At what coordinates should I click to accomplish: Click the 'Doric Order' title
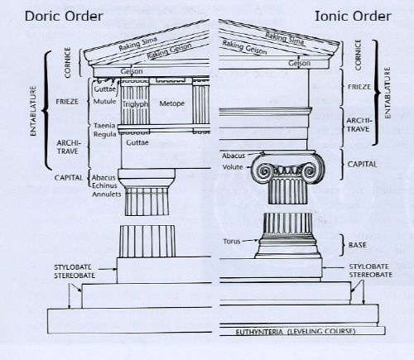pyautogui.click(x=64, y=16)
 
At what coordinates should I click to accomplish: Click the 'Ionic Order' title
pyautogui.click(x=353, y=16)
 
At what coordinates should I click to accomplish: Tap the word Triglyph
pyautogui.click(x=135, y=104)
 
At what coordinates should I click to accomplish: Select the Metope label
pyautogui.click(x=172, y=103)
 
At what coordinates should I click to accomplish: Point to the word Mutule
pyautogui.click(x=104, y=102)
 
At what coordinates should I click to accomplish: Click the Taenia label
pyautogui.click(x=104, y=126)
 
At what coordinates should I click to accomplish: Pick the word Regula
pyautogui.click(x=104, y=134)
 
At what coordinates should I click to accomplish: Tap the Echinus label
pyautogui.click(x=104, y=185)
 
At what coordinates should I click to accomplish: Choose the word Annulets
pyautogui.click(x=107, y=194)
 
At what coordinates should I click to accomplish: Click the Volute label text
pyautogui.click(x=233, y=167)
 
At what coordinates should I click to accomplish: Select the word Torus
pyautogui.click(x=232, y=242)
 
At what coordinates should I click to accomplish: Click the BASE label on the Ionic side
pyautogui.click(x=358, y=245)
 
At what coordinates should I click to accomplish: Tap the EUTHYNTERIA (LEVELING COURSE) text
pyautogui.click(x=296, y=331)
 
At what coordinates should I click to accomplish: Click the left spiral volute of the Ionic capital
pyautogui.click(x=265, y=171)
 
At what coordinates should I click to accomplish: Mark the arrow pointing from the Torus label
pyautogui.click(x=250, y=241)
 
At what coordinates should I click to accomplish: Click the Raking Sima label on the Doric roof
pyautogui.click(x=138, y=44)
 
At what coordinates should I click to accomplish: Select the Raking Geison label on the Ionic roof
pyautogui.click(x=244, y=47)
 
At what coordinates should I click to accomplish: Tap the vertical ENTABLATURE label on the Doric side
pyautogui.click(x=33, y=111)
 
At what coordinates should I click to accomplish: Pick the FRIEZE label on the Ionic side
pyautogui.click(x=359, y=87)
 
